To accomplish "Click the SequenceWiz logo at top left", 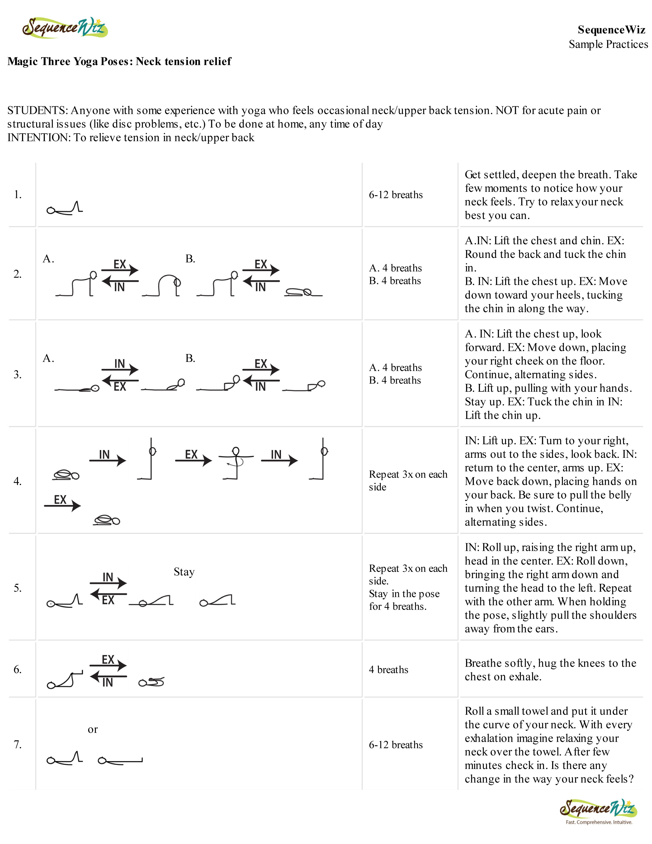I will (65, 28).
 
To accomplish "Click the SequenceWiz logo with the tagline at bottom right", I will (598, 810).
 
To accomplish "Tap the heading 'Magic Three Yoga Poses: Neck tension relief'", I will (119, 61).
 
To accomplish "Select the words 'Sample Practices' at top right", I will (608, 44).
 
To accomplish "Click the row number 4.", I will (17, 481).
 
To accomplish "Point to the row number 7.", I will (17, 744).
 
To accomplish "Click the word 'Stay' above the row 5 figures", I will (184, 572).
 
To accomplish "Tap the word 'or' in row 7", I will (93, 730).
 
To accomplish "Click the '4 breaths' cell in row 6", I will (388, 670).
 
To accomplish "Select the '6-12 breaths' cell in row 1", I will (396, 195).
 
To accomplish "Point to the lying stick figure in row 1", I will (65, 208).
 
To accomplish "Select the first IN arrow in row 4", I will (107, 457).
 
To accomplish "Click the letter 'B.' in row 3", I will (190, 358).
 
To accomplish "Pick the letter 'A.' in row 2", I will (48, 259).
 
